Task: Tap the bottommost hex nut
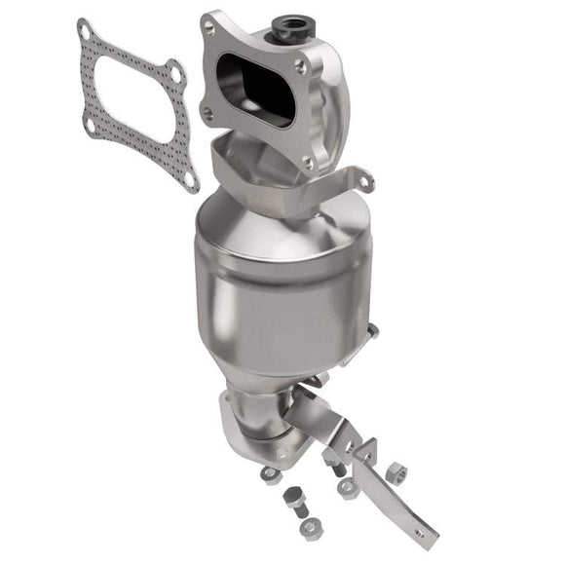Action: coord(310,527)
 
